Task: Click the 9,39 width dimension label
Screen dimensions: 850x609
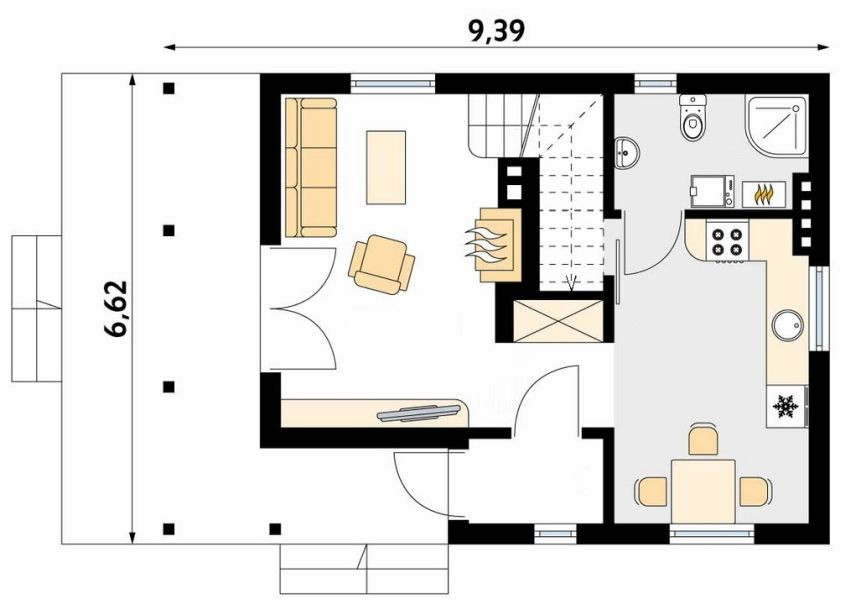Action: (496, 31)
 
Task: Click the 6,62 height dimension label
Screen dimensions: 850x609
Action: (116, 309)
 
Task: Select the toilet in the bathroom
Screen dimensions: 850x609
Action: (692, 118)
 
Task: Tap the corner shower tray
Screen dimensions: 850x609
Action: (776, 125)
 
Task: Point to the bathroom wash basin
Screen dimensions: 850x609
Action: (627, 151)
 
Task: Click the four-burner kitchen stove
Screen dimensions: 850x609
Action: (726, 242)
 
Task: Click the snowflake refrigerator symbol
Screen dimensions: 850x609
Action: (785, 406)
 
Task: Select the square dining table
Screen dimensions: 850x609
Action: (703, 491)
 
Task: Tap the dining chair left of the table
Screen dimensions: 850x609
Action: (651, 491)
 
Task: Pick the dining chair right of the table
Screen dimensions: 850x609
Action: (755, 491)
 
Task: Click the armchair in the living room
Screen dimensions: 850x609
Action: (382, 265)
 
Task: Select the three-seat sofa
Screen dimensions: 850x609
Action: (311, 167)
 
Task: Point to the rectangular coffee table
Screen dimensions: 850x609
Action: (386, 167)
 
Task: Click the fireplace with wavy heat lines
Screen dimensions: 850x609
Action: (493, 245)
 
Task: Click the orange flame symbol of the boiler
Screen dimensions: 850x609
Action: (763, 194)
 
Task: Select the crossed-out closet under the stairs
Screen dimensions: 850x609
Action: (558, 320)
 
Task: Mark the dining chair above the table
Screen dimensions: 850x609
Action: (703, 440)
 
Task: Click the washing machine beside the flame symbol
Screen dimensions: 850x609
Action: (712, 191)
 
